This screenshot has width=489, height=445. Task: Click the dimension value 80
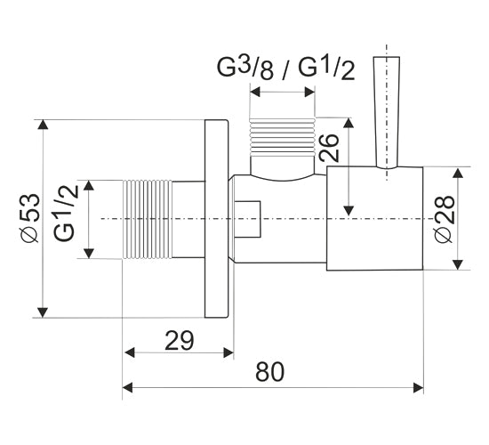pyautogui.click(x=270, y=372)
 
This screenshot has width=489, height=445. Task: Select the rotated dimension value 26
pyautogui.click(x=328, y=148)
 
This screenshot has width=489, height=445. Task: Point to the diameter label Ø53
pyautogui.click(x=30, y=218)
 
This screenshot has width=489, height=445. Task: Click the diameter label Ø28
pyautogui.click(x=444, y=218)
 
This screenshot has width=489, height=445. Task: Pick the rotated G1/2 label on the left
pyautogui.click(x=65, y=213)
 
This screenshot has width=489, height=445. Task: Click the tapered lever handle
pyautogui.click(x=387, y=112)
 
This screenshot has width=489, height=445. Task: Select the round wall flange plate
pyautogui.click(x=216, y=219)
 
